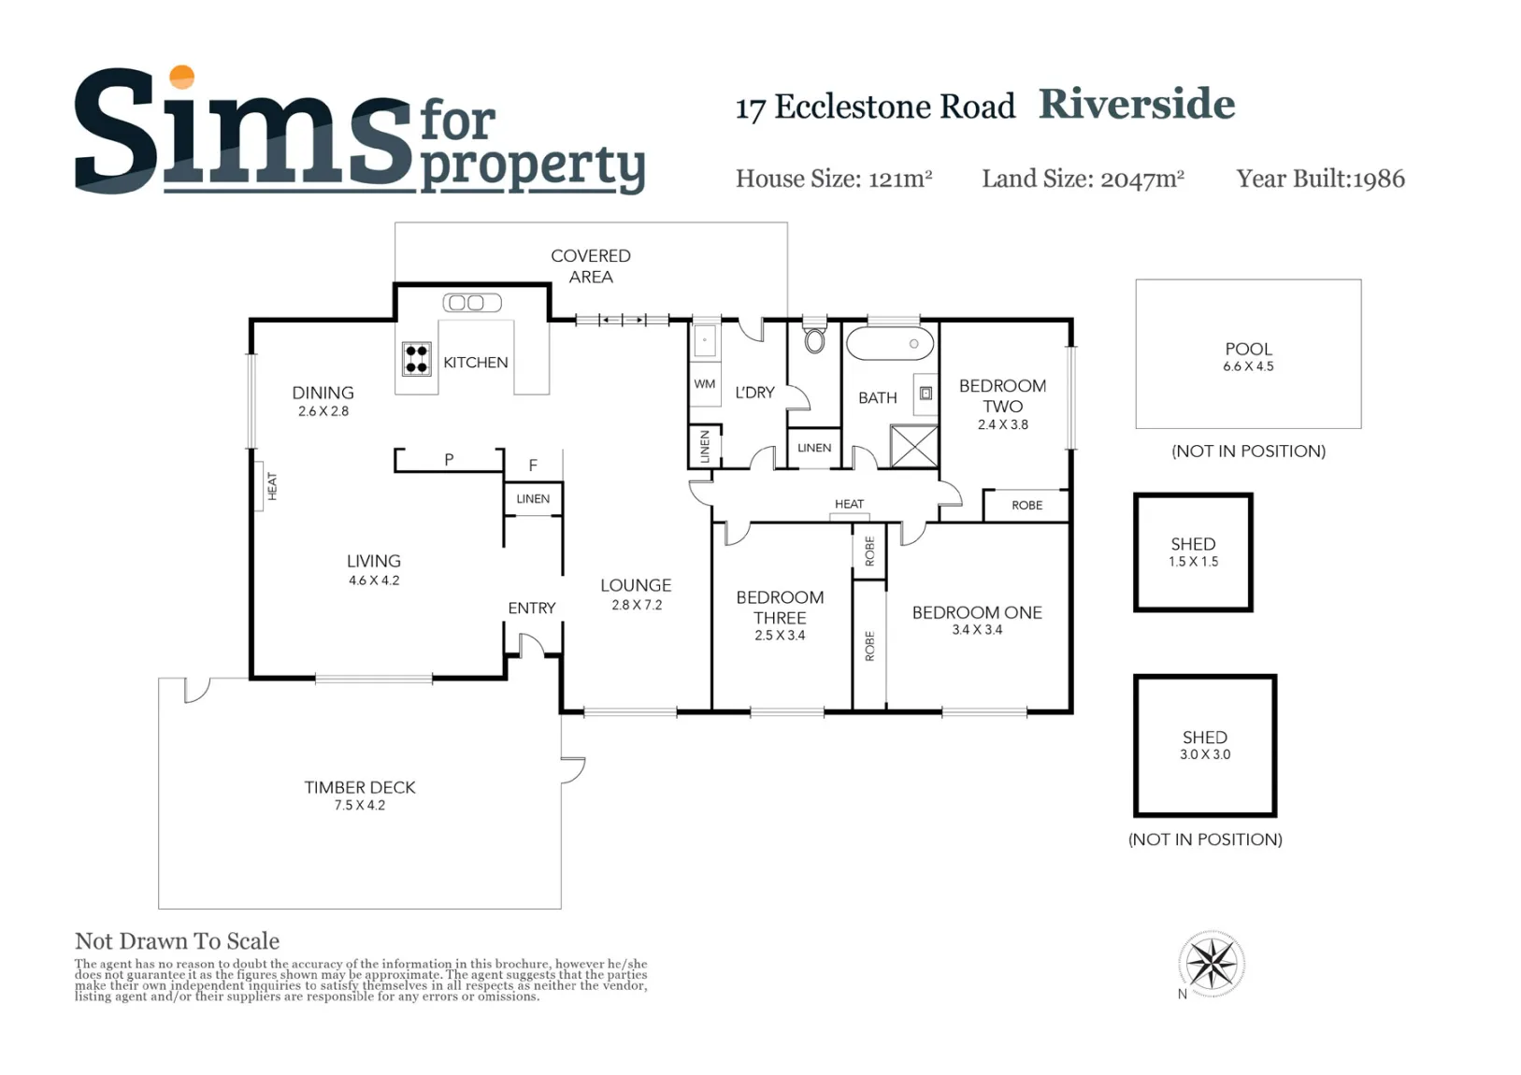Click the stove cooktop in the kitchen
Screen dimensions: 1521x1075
point(416,359)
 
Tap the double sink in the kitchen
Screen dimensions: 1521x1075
point(473,303)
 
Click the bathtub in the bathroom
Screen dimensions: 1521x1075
point(890,343)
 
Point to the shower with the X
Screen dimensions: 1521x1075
point(914,446)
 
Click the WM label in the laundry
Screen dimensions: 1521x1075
point(705,383)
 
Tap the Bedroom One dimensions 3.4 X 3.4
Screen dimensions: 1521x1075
point(977,629)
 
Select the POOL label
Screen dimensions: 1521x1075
point(1248,349)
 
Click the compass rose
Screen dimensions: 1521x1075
point(1212,964)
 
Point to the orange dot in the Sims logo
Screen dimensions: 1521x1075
point(182,77)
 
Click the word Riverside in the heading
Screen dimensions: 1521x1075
point(1137,104)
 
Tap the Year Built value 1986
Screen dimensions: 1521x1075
point(1378,179)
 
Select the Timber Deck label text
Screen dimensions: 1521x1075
point(360,787)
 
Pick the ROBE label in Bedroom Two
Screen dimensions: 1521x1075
point(1026,505)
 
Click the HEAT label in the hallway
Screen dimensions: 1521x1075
point(850,504)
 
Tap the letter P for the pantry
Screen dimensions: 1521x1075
point(449,460)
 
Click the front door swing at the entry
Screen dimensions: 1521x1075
point(532,645)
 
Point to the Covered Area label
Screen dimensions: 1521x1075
point(591,266)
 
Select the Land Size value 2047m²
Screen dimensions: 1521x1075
point(1142,179)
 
